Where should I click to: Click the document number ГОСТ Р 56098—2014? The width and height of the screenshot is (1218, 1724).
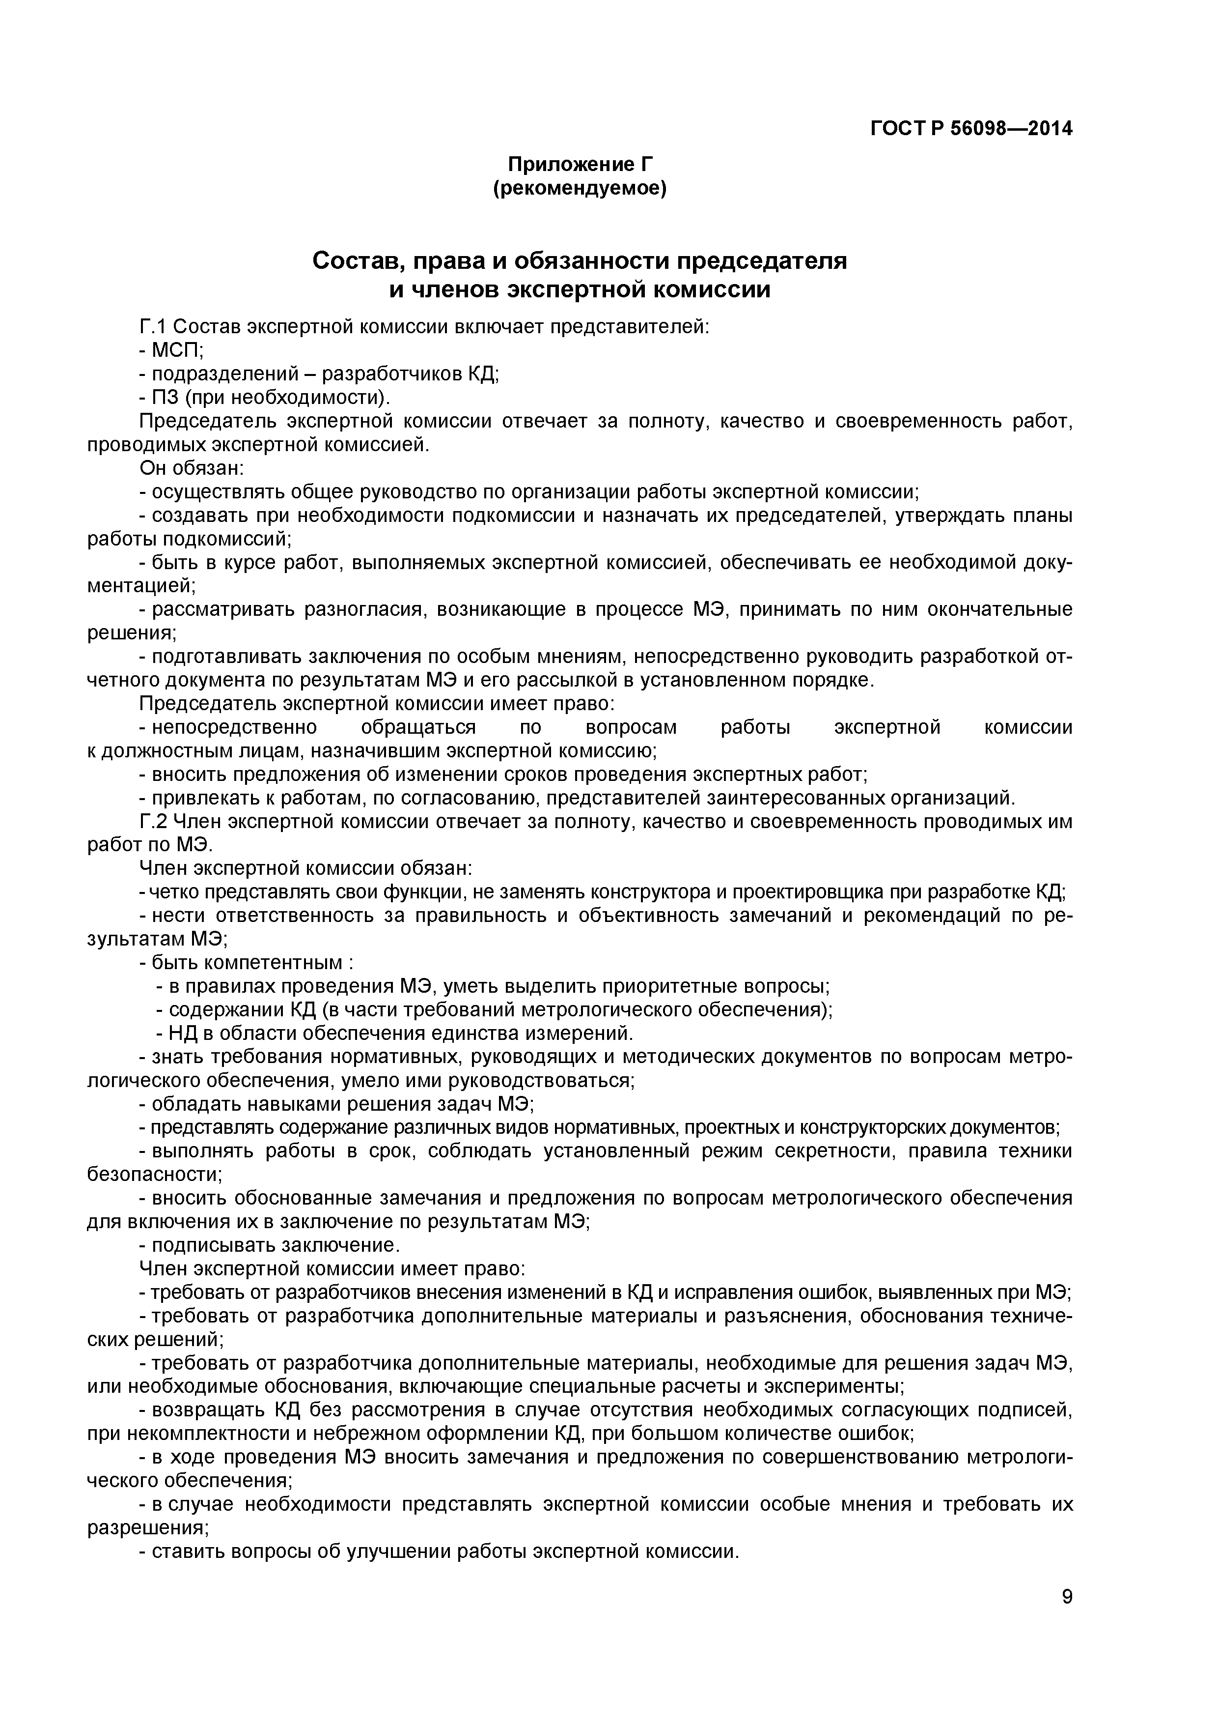coord(970,129)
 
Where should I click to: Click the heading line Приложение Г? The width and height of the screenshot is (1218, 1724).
coord(580,164)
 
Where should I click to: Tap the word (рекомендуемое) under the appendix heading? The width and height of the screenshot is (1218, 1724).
coord(580,188)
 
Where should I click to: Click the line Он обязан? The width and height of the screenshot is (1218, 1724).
coord(192,468)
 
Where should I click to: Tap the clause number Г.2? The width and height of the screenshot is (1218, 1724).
coord(156,821)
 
